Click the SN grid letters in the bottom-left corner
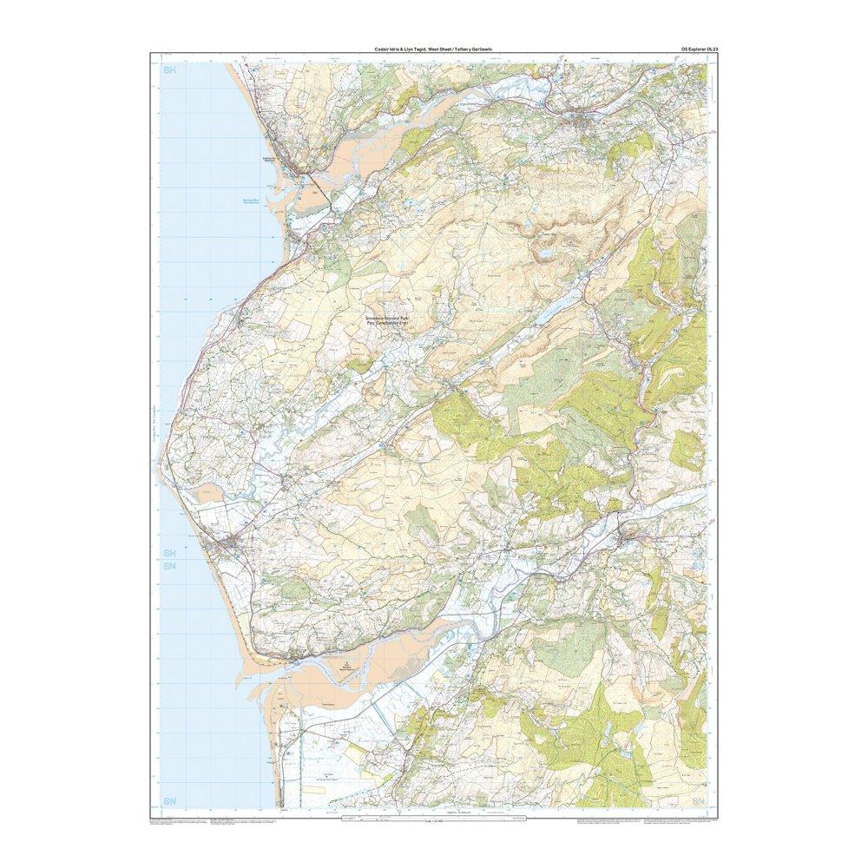[168, 799]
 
